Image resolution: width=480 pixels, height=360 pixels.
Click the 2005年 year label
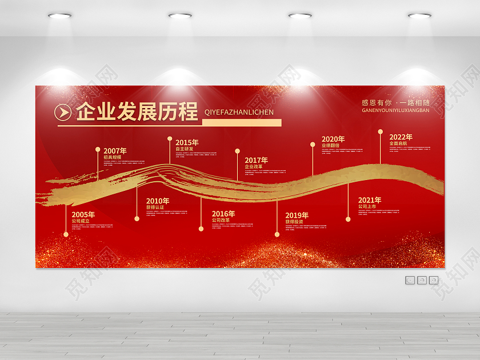(83, 214)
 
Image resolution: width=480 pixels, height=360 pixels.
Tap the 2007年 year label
(115, 151)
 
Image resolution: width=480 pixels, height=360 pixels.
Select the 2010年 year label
(158, 201)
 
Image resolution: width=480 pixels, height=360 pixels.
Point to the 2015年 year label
(187, 142)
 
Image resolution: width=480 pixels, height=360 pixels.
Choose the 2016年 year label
(223, 214)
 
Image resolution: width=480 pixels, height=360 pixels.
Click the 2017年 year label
(256, 160)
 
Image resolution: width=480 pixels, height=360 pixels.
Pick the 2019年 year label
(297, 215)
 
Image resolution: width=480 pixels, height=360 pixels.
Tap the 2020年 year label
(333, 139)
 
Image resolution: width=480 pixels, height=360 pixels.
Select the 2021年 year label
(370, 200)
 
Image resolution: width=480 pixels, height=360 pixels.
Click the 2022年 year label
(401, 137)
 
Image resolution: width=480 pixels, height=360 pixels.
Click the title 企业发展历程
(136, 111)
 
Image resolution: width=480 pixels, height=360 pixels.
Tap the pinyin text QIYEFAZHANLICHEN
(239, 113)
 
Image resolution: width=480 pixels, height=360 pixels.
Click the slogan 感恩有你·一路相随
(395, 103)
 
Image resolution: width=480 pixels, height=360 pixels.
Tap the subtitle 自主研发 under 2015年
(184, 149)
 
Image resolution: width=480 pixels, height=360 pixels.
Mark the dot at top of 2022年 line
(380, 131)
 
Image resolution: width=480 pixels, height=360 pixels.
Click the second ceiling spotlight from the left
(180, 15)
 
